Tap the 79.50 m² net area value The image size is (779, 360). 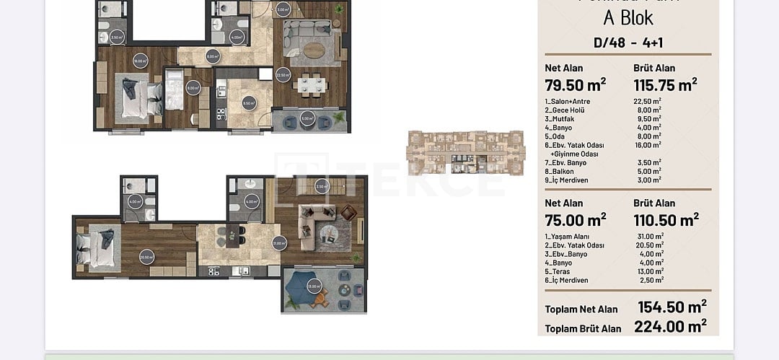(576, 84)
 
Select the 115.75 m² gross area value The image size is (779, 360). (665, 84)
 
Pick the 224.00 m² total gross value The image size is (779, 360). (670, 327)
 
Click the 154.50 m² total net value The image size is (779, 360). (672, 307)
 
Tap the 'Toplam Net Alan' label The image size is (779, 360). (581, 309)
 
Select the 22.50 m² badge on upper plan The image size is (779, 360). (283, 74)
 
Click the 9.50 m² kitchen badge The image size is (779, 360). (249, 102)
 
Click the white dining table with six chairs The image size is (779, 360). (312, 84)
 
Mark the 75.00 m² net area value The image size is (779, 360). (576, 219)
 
